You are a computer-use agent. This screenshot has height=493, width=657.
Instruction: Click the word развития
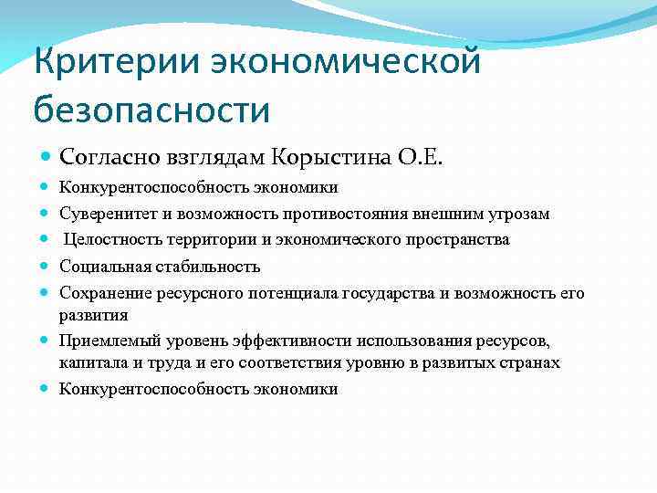93,314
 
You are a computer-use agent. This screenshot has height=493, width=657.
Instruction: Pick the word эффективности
275,340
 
